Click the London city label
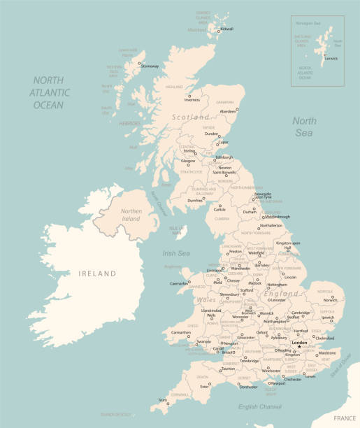300,343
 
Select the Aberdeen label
228,111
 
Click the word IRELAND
97,274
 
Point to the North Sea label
304,127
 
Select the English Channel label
259,406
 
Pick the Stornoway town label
149,66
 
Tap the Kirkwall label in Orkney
227,29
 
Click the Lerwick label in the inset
331,58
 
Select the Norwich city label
331,300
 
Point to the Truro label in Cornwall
162,400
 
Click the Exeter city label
204,386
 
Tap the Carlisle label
219,209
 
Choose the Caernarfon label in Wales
180,284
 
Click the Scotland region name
191,117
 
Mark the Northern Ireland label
130,215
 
